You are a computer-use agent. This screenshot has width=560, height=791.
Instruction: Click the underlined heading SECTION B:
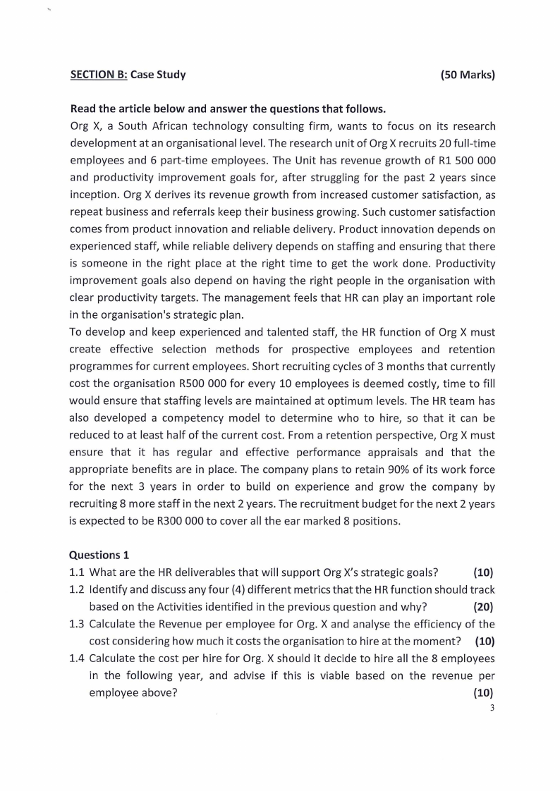tap(99, 74)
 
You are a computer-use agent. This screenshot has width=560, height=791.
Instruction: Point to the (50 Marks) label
tap(467, 74)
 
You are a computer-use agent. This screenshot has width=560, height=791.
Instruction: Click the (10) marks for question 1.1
tap(484, 572)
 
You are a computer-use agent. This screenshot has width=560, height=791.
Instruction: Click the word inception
tap(92, 195)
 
